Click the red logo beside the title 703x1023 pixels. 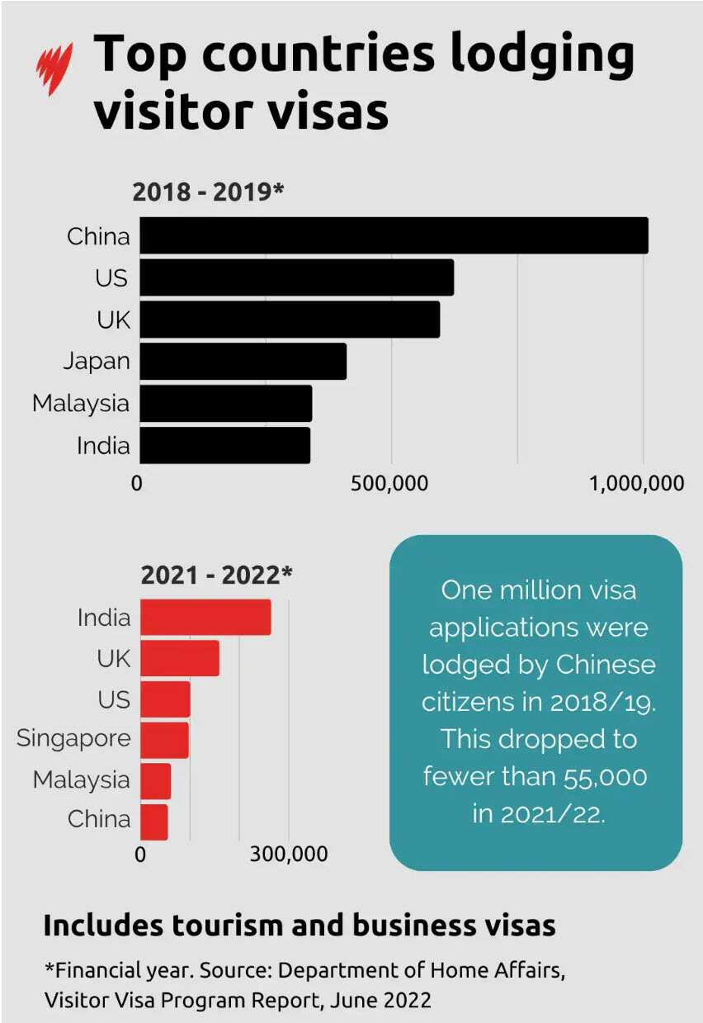pos(54,69)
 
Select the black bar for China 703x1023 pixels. pos(394,235)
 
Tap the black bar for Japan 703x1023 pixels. pos(243,361)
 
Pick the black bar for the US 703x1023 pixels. pos(296,277)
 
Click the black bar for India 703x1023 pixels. pos(224,445)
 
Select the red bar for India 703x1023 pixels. pos(205,618)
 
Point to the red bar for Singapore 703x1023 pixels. pos(164,739)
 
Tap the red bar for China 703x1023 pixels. pos(153,822)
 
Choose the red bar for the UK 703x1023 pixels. pos(180,658)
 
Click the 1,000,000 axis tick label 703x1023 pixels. pos(637,483)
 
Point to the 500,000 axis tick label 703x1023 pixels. pos(389,483)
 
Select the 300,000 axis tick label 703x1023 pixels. pos(289,854)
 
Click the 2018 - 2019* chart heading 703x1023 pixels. pos(208,192)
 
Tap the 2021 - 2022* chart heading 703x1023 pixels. pos(216,574)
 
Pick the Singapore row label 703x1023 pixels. pos(73,738)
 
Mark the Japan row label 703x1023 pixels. pos(97,361)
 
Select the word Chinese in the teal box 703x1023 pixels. pos(606,664)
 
